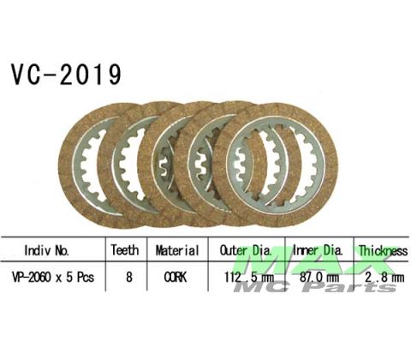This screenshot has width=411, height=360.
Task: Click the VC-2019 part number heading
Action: point(66,74)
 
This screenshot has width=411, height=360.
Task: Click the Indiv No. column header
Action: point(47,250)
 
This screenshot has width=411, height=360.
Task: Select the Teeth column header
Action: point(125,250)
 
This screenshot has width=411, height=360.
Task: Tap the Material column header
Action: point(177,250)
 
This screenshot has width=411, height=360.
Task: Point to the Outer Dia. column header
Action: point(246,250)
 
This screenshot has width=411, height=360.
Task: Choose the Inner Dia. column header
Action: point(318,250)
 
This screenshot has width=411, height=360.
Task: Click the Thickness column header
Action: point(383,251)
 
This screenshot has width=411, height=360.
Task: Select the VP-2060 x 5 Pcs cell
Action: point(53,277)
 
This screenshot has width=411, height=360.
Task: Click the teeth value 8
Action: point(129,277)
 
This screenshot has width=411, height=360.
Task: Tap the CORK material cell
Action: point(176,277)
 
